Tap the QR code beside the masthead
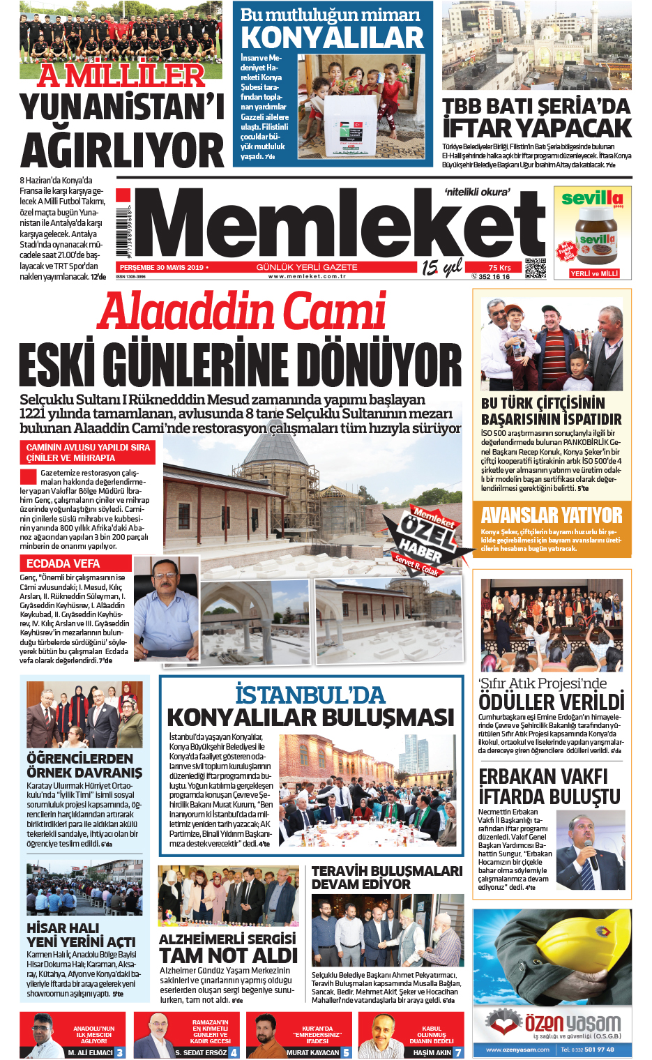(x=535, y=268)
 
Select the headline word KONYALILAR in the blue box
(x=332, y=38)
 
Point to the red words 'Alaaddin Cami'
(x=241, y=312)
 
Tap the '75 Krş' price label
(x=499, y=268)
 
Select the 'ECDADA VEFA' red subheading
(x=63, y=563)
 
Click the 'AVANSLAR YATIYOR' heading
(x=551, y=515)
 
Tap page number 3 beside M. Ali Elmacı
(x=120, y=1052)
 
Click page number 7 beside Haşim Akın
(x=458, y=1052)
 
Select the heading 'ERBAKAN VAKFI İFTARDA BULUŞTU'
(x=549, y=787)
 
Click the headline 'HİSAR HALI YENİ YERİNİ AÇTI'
(x=81, y=935)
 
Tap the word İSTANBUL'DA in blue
(x=310, y=695)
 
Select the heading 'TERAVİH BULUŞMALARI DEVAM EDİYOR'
(x=386, y=877)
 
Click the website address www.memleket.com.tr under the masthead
(x=307, y=277)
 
